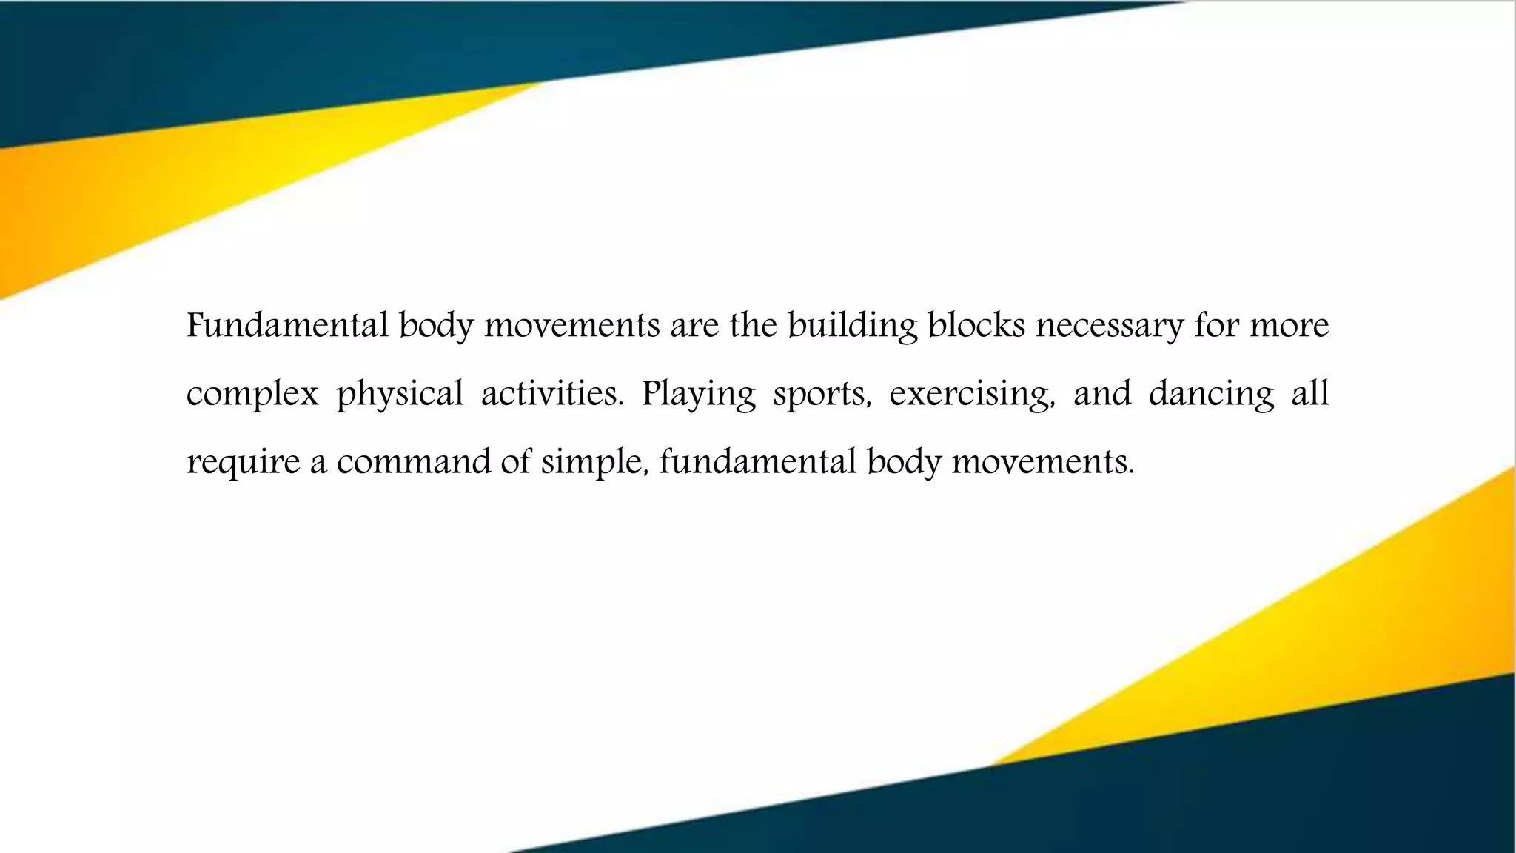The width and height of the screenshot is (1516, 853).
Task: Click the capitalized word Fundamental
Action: coord(287,325)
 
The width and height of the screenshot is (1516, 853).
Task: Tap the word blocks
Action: coord(976,325)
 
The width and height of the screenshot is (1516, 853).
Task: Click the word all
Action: coord(1310,393)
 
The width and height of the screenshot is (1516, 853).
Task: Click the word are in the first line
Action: coord(694,327)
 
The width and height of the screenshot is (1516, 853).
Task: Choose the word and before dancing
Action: coord(1102,393)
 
